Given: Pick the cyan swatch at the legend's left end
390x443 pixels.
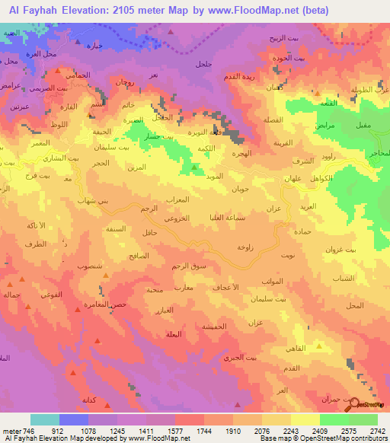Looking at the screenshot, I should [x=45, y=419].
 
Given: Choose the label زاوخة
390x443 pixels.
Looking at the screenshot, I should [x=245, y=247].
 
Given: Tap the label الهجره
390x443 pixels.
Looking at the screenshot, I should [x=232, y=152].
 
